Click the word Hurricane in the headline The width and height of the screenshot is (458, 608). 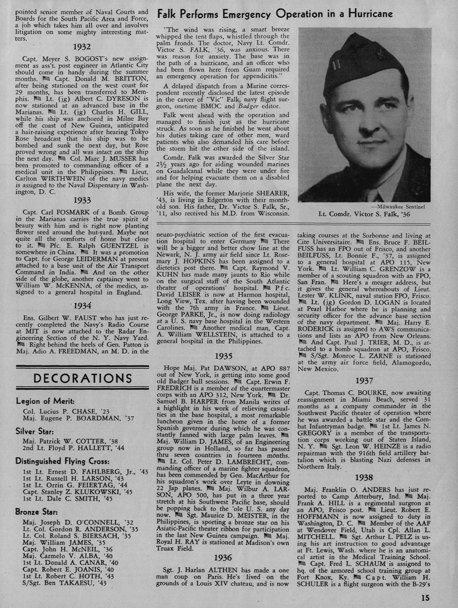367,14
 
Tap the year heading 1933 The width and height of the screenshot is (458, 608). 82,200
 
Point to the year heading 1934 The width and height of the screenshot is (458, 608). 82,305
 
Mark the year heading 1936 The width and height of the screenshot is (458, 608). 223,558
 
